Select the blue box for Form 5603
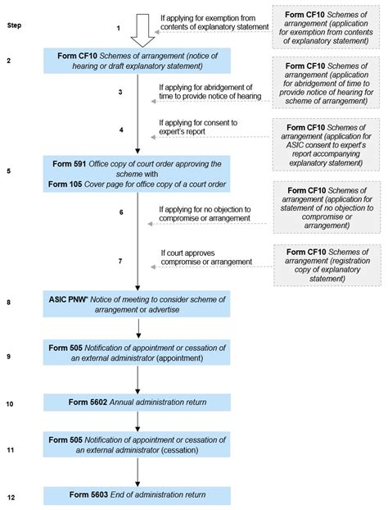point(137,495)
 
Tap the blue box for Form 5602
point(137,403)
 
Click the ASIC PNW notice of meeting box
point(137,303)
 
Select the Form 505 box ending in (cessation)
point(137,449)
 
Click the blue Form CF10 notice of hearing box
point(137,62)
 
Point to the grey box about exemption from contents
point(326,27)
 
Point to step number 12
point(9,498)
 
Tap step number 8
point(9,302)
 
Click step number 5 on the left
point(9,171)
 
